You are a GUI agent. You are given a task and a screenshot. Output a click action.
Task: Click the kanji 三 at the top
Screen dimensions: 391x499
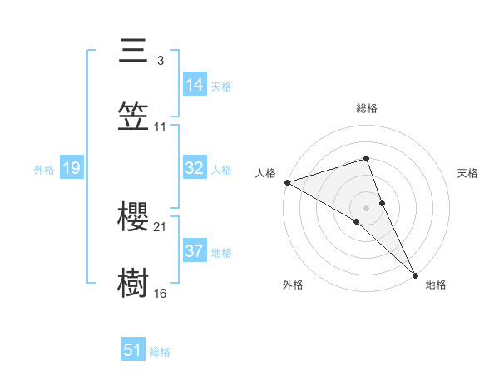point(133,51)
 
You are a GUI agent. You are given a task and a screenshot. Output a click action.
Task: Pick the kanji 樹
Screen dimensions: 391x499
point(133,282)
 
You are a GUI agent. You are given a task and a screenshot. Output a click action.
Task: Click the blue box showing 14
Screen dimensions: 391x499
point(194,85)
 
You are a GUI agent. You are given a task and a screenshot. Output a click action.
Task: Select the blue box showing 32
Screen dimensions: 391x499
point(194,168)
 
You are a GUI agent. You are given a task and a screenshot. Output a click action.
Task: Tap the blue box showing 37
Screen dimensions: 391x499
point(194,251)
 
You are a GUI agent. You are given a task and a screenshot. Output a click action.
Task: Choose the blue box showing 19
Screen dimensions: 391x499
point(71,168)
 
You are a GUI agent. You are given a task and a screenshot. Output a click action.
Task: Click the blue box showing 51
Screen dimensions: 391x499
point(133,350)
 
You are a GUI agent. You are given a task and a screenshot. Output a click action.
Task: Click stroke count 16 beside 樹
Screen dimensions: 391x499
point(161,292)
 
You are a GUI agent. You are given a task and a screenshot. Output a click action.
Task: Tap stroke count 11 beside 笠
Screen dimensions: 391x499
point(161,126)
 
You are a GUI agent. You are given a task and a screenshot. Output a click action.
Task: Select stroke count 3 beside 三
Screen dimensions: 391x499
point(160,61)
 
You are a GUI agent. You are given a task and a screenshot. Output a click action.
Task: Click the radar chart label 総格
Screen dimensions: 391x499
point(367,108)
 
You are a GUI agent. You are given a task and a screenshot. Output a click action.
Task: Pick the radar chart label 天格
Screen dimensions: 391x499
point(467,173)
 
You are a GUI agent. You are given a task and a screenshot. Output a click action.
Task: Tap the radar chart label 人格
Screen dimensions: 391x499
point(264,173)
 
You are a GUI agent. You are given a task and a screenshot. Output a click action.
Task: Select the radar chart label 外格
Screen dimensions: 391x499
point(293,285)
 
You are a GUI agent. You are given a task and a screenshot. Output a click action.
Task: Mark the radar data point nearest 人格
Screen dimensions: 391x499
point(287,181)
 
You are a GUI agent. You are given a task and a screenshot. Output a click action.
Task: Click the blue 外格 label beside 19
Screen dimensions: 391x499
point(44,169)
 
